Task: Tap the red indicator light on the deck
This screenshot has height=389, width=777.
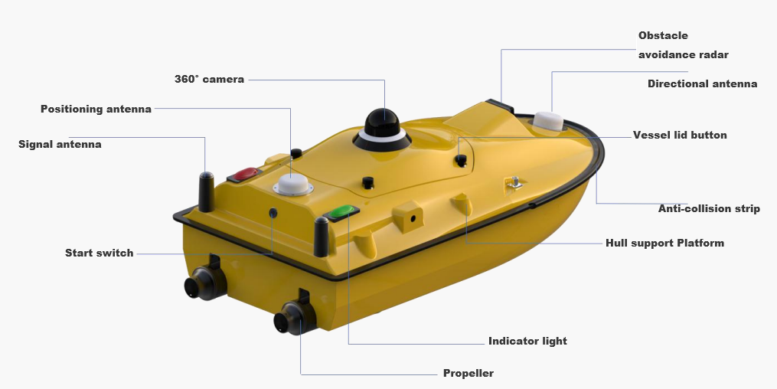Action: tap(245, 175)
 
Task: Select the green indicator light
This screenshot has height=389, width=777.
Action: tap(341, 211)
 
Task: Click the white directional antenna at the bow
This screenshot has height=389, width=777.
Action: tap(548, 122)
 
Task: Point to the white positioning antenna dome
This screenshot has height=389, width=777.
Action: tap(292, 185)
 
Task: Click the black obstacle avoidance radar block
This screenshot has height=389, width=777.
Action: tap(500, 104)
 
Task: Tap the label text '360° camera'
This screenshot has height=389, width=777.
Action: tap(209, 79)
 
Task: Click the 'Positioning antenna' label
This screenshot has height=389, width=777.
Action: tap(96, 109)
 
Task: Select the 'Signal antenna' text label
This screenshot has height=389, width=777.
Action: tap(60, 144)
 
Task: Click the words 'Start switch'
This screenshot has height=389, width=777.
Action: tap(99, 253)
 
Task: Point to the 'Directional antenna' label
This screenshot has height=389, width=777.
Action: tap(702, 83)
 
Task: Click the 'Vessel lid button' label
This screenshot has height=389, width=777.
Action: tap(680, 135)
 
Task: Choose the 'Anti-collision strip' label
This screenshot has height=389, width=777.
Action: tap(709, 208)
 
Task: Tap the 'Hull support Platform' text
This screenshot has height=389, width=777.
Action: tap(664, 243)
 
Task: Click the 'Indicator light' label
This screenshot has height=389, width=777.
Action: tap(527, 341)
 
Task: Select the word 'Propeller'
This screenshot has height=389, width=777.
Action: tap(468, 374)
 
